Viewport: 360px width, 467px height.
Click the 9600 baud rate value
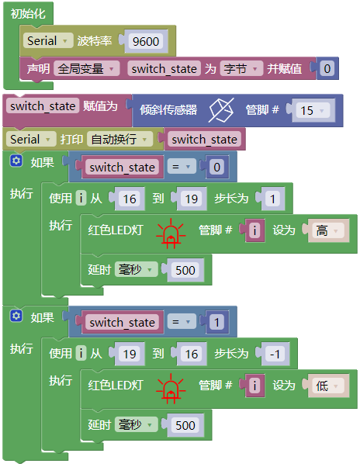click(x=146, y=41)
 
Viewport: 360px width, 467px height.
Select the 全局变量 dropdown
click(x=87, y=69)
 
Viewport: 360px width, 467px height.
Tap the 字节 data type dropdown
click(x=241, y=69)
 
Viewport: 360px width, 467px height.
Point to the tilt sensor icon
click(x=221, y=110)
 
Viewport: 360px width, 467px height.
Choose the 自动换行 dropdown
click(x=119, y=139)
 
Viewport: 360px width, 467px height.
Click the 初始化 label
click(x=28, y=13)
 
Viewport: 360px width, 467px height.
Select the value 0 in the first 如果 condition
click(x=216, y=167)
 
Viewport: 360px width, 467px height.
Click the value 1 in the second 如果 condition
click(x=216, y=322)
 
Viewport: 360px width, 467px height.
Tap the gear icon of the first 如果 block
click(x=16, y=161)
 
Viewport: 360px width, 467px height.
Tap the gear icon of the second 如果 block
click(x=16, y=316)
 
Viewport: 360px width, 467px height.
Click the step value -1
click(x=275, y=354)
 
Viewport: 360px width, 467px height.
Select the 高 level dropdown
click(x=326, y=230)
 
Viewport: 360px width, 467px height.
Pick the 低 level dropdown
click(x=326, y=386)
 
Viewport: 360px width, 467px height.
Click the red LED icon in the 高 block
click(x=171, y=233)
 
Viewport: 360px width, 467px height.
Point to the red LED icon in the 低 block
click(x=171, y=389)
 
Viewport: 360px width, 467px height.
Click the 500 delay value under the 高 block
click(x=185, y=270)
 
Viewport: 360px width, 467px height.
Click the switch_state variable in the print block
click(x=204, y=140)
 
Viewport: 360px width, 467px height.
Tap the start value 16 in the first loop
click(x=130, y=199)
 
